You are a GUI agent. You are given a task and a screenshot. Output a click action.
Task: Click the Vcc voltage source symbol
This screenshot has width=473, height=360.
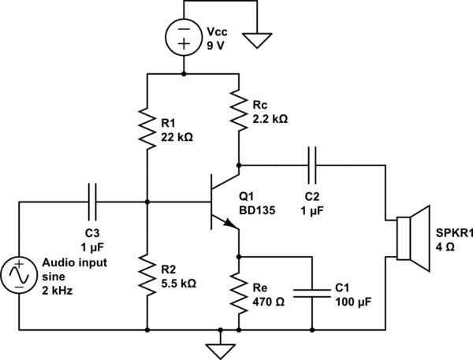[x=184, y=37]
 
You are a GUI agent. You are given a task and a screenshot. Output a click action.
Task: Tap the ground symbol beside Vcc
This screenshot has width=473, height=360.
[x=257, y=41]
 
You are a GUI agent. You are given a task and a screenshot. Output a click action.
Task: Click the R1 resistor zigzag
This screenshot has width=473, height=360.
[x=147, y=128]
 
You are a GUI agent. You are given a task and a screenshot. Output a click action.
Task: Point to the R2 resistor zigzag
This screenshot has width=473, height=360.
[x=147, y=274]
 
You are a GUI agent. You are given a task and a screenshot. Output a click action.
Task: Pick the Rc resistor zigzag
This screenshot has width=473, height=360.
[x=239, y=109]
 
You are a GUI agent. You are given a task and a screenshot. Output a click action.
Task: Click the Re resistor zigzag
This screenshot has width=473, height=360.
[x=239, y=293]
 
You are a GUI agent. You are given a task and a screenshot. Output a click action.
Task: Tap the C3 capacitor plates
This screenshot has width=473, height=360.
[x=92, y=202]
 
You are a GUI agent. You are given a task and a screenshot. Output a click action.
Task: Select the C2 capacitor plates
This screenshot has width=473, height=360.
[x=312, y=165]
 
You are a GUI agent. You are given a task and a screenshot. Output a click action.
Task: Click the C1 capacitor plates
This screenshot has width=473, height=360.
[x=312, y=293]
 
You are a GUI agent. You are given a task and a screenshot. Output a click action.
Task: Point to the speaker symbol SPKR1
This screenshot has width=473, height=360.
[x=413, y=239]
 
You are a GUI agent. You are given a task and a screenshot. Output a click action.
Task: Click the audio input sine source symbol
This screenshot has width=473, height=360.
[x=19, y=275]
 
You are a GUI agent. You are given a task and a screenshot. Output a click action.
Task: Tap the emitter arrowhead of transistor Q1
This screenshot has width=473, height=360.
[x=230, y=223]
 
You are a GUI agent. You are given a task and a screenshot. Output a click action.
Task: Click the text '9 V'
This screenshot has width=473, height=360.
[x=215, y=46]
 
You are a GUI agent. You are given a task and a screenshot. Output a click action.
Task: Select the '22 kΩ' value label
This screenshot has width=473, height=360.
[x=177, y=138]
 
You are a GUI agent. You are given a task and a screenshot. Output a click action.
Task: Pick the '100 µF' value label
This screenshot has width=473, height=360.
[x=353, y=302]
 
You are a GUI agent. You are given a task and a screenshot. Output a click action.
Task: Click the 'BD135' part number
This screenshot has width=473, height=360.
[x=257, y=210]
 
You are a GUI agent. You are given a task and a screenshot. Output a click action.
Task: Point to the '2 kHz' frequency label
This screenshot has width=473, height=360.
[x=58, y=291]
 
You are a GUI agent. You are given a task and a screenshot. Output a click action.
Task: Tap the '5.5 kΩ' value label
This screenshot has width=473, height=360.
[x=179, y=284]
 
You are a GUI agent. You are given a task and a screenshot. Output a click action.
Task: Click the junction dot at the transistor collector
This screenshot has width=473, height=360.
[x=239, y=165]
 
